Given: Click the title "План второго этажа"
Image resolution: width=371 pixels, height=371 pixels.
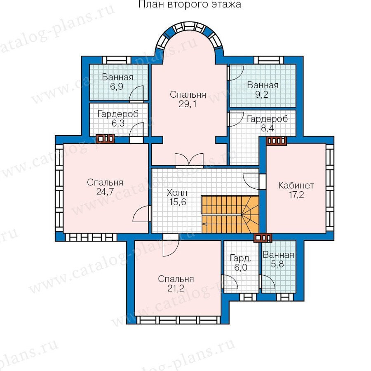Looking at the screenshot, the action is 190,4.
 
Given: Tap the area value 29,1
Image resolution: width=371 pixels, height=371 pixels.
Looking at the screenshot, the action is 188,104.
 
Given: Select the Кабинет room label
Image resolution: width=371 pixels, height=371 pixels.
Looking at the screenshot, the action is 296,185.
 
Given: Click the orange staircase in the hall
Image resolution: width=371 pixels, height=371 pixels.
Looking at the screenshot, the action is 230,214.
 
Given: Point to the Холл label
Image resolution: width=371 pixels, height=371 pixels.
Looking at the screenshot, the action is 177,193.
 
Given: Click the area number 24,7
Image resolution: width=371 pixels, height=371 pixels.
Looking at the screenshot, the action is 105,192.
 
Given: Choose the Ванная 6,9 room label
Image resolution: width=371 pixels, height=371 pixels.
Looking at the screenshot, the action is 117,82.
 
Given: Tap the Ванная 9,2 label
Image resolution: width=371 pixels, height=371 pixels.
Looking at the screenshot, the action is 263,90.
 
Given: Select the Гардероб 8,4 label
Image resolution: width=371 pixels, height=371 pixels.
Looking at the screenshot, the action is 268,123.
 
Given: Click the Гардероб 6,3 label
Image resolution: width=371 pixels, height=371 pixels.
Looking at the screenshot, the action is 118,119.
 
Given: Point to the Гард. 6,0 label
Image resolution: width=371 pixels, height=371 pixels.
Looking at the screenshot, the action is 241,263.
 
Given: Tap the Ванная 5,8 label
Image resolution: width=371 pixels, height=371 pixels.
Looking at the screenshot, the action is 278,259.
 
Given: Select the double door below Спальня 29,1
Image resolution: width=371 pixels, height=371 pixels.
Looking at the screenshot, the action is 189,160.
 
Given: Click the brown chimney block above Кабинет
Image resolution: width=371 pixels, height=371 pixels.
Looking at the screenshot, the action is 276,141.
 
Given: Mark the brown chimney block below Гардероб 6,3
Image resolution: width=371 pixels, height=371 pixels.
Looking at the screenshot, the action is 105,139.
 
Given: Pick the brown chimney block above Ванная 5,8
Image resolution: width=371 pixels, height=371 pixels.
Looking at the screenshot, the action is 263,238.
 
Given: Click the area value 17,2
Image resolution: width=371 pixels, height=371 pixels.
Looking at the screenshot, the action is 296,195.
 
